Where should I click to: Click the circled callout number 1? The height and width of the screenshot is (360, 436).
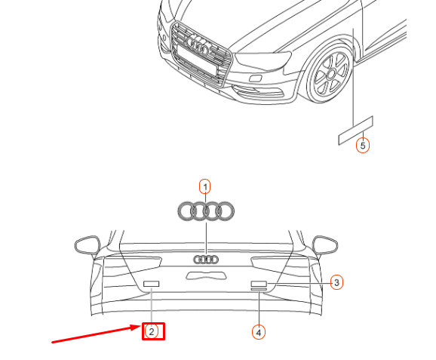pyautogui.click(x=204, y=186)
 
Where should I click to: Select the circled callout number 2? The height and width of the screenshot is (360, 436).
pyautogui.click(x=152, y=331)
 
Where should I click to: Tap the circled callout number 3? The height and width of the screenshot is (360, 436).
pyautogui.click(x=337, y=282)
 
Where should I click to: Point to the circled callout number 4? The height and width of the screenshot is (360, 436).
pyautogui.click(x=259, y=331)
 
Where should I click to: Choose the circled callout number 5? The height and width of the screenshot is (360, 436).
pyautogui.click(x=363, y=145)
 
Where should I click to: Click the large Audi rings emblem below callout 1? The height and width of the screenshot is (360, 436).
pyautogui.click(x=204, y=211)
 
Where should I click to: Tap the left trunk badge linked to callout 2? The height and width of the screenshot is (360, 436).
pyautogui.click(x=152, y=284)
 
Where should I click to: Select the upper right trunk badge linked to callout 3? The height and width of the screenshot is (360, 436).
pyautogui.click(x=259, y=284)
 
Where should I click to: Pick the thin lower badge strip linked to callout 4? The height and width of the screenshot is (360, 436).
pyautogui.click(x=259, y=291)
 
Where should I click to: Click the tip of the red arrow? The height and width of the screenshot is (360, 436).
pyautogui.click(x=140, y=327)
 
